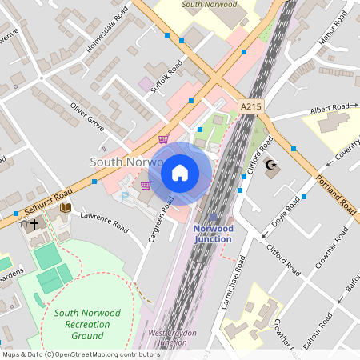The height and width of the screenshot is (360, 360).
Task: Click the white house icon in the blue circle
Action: (180, 173)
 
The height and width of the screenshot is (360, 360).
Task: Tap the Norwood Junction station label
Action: (213, 234)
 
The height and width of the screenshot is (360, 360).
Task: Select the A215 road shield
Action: (250, 105)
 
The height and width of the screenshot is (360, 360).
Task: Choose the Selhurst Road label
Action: (48, 204)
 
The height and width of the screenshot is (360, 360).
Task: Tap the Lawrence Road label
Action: (104, 222)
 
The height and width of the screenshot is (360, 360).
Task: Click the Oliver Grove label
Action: (87, 116)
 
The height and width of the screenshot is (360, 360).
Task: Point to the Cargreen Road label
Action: (158, 227)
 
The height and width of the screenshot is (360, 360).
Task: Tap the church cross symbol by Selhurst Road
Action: (34, 226)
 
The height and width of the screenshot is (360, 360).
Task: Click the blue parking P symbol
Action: (124, 196)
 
